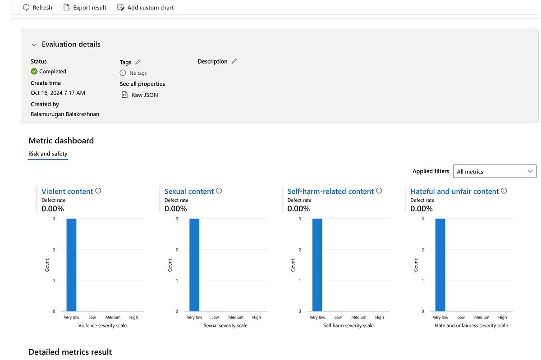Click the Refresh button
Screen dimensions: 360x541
coord(37,8)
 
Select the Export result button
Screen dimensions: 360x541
coord(85,8)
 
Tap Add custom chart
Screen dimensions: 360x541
coord(145,8)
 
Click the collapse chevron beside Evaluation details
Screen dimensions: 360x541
coord(34,45)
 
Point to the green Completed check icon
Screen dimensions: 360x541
coord(34,71)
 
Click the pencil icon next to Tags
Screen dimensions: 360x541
coord(138,62)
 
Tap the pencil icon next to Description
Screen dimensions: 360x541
coord(234,61)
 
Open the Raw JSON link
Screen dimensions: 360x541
coord(144,95)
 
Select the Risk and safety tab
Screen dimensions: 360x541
coord(48,154)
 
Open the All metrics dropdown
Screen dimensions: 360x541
coord(495,171)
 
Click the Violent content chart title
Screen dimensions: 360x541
coord(67,191)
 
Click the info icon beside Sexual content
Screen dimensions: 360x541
coord(219,191)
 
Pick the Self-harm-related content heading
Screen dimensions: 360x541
coord(330,191)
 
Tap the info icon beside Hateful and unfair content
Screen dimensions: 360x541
coord(504,191)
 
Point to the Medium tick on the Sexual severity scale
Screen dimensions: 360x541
coord(236,317)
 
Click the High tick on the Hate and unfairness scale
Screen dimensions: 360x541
coord(503,317)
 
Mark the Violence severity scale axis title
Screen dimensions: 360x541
coord(102,325)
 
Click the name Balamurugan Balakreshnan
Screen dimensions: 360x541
coord(65,114)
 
